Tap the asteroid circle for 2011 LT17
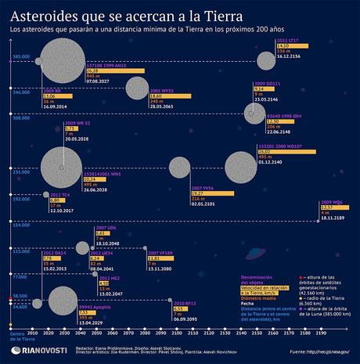click(x=267, y=59)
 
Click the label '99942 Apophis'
click(x=92, y=308)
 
